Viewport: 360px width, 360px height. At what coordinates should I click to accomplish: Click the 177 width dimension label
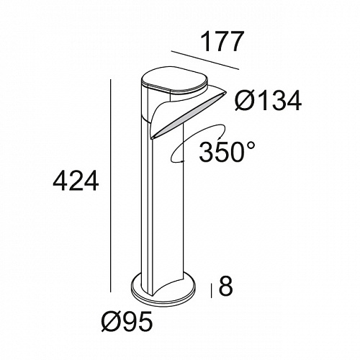pos(221,42)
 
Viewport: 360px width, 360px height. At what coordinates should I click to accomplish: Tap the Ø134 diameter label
pos(268,101)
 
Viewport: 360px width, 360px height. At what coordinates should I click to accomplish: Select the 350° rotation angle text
pos(227,153)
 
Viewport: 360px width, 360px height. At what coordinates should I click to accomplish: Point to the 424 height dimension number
pos(76,180)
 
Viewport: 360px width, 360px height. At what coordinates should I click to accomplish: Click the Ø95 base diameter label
pos(127,321)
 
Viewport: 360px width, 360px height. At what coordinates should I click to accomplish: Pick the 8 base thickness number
pos(225,286)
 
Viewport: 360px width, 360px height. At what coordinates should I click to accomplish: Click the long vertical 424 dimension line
pos(111,186)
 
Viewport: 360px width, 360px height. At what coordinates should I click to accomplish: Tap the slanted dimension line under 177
pos(205,60)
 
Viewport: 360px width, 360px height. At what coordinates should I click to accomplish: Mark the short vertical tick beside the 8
pos(212,291)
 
